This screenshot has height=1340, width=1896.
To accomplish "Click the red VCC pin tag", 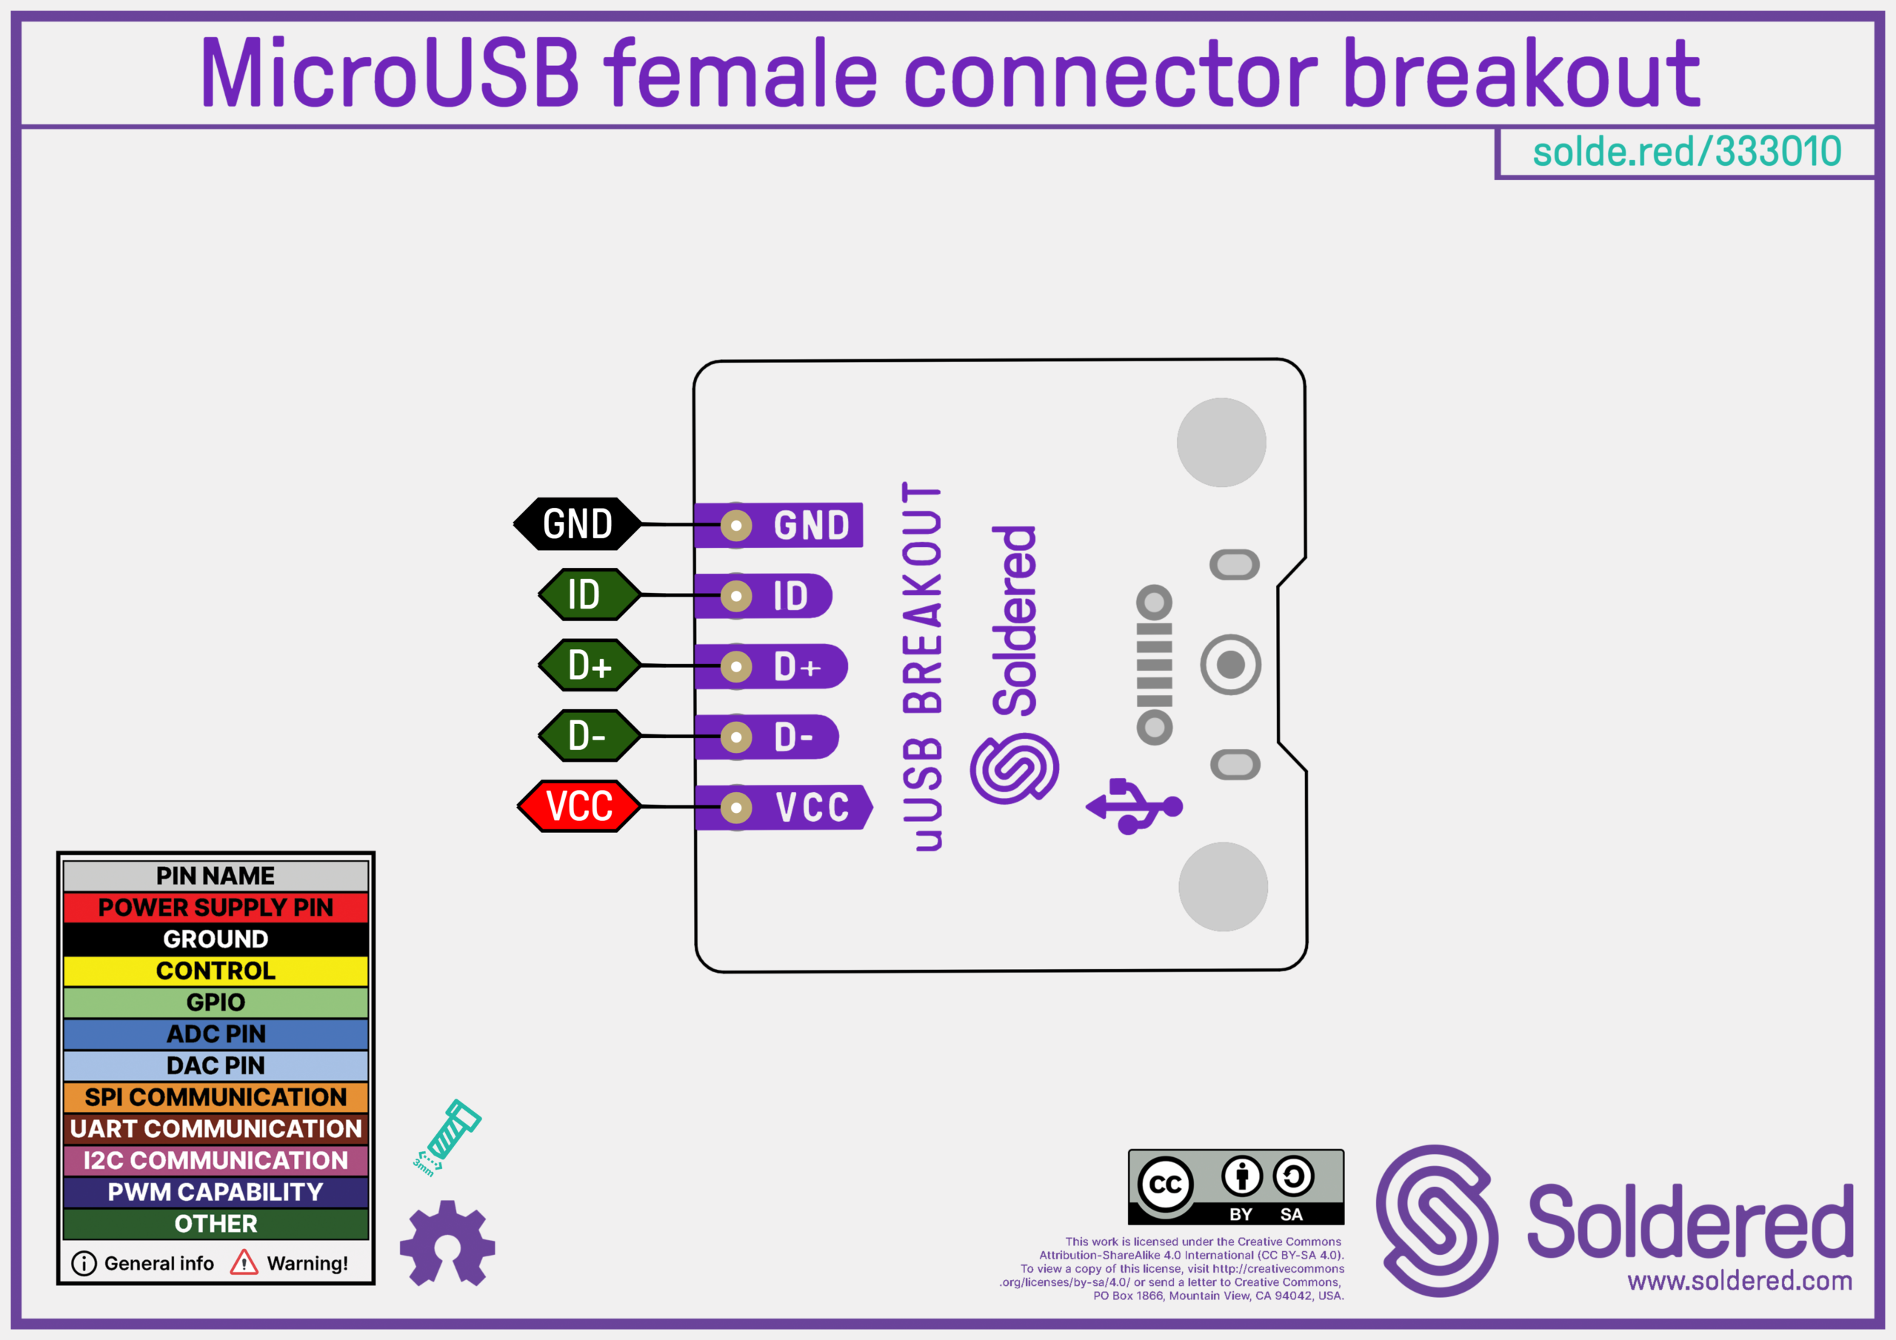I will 579,805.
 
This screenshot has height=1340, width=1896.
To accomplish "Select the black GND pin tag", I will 577,523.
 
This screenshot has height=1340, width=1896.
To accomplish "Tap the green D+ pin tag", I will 589,665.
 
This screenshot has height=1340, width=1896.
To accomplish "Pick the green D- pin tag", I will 589,735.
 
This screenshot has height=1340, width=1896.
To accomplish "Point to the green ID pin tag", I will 589,594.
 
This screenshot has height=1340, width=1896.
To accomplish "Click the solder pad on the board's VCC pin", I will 735,808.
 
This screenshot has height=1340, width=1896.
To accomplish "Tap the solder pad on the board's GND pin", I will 735,525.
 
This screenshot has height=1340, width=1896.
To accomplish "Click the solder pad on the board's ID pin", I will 735,596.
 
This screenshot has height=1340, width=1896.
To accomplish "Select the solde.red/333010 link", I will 1686,152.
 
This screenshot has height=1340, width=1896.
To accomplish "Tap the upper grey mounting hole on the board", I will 1221,443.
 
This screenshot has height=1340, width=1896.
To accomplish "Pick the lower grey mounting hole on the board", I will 1223,887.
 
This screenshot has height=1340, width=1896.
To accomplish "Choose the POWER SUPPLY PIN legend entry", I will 216,908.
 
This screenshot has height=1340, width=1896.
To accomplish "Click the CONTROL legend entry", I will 216,971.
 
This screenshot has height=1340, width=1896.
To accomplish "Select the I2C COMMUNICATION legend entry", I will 216,1160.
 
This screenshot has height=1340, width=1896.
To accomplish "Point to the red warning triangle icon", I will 244,1262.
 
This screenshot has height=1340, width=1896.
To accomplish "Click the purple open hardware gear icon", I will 447,1244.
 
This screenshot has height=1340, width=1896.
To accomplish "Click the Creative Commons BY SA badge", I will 1235,1187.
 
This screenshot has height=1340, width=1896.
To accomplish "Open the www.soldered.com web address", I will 1740,1281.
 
